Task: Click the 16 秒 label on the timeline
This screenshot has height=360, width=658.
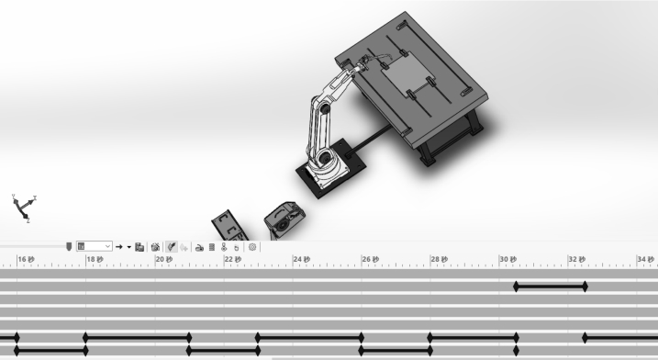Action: [26, 260]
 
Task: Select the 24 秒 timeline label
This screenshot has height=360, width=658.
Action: [301, 260]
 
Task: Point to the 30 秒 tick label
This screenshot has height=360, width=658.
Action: [507, 260]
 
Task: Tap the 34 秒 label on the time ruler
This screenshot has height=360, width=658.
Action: [645, 260]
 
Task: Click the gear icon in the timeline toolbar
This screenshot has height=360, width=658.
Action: [252, 247]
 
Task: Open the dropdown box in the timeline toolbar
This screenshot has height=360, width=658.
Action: [94, 246]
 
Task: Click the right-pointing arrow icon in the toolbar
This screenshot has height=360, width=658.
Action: [118, 247]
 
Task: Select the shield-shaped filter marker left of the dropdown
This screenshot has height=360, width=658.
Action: [69, 246]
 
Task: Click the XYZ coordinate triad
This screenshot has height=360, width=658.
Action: [25, 208]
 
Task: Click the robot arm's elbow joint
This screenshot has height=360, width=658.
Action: [324, 108]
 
